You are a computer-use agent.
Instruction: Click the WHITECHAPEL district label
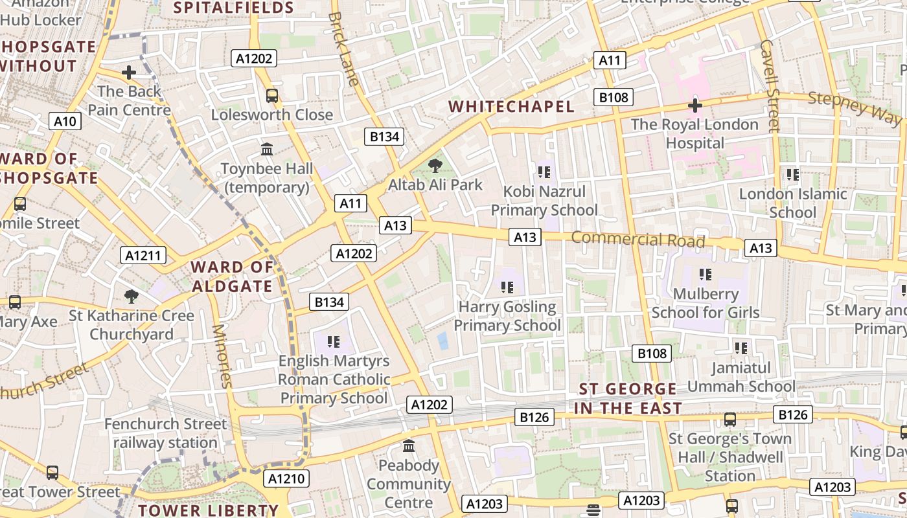click(x=511, y=107)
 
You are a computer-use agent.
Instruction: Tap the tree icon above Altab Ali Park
click(x=435, y=166)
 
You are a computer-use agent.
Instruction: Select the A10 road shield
click(x=65, y=121)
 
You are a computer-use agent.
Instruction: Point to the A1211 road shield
click(x=143, y=255)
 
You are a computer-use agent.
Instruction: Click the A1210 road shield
click(x=286, y=479)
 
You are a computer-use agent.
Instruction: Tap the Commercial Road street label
click(x=637, y=240)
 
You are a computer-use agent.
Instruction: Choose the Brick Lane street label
click(x=343, y=49)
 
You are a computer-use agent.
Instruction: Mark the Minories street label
click(x=222, y=355)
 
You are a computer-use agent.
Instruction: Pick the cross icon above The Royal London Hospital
click(x=695, y=105)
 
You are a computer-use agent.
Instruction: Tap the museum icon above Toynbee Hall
click(x=267, y=150)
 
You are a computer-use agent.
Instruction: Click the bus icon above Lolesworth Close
click(x=272, y=96)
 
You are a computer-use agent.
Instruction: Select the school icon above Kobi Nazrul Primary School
click(x=544, y=172)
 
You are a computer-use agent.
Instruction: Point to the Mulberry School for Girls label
click(x=706, y=303)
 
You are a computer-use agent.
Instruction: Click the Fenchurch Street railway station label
click(x=166, y=433)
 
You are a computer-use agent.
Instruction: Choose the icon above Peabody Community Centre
click(x=409, y=446)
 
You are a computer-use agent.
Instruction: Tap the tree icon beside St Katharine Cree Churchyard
click(x=132, y=297)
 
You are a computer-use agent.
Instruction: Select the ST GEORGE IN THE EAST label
click(x=627, y=398)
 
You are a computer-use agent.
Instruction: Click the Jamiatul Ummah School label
click(x=741, y=377)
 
